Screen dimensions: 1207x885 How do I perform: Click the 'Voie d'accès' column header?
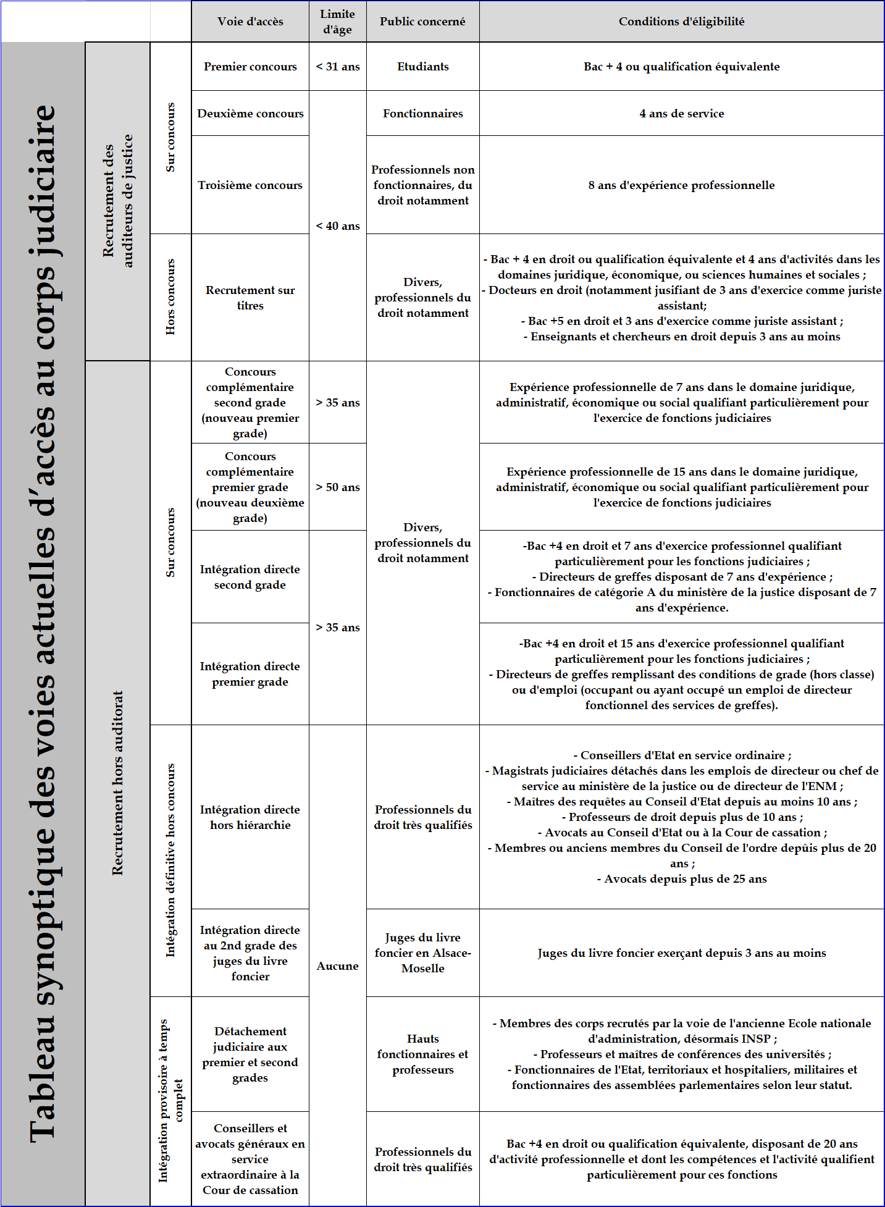click(x=250, y=22)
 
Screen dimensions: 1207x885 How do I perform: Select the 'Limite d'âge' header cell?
click(x=337, y=22)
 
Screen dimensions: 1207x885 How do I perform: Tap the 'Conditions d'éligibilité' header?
click(x=681, y=22)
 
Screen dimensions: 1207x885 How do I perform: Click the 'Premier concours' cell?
click(x=250, y=67)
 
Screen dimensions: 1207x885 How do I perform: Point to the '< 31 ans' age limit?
click(x=337, y=67)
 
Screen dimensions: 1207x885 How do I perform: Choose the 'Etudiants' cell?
click(x=422, y=67)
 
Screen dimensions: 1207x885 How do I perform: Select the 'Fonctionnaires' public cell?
click(x=422, y=114)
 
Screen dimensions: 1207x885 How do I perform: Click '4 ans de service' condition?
click(x=681, y=114)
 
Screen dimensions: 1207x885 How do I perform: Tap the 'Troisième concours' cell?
click(x=250, y=185)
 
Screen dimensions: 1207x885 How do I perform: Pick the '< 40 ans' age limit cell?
click(x=337, y=226)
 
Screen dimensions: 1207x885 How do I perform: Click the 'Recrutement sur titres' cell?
click(x=250, y=298)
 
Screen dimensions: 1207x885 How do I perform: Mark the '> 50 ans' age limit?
click(x=337, y=487)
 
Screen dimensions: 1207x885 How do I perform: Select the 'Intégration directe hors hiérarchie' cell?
click(x=250, y=817)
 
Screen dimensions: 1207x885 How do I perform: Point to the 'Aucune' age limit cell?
click(x=337, y=966)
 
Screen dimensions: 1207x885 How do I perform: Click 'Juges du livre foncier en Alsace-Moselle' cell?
click(x=422, y=953)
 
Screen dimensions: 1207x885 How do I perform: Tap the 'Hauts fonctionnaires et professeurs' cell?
click(x=422, y=1054)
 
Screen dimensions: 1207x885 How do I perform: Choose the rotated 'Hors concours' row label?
click(x=170, y=297)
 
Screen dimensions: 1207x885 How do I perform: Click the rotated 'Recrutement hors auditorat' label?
click(x=117, y=783)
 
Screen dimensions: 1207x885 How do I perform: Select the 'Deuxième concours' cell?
click(x=250, y=114)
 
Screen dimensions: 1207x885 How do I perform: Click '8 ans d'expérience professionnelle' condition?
click(x=681, y=185)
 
